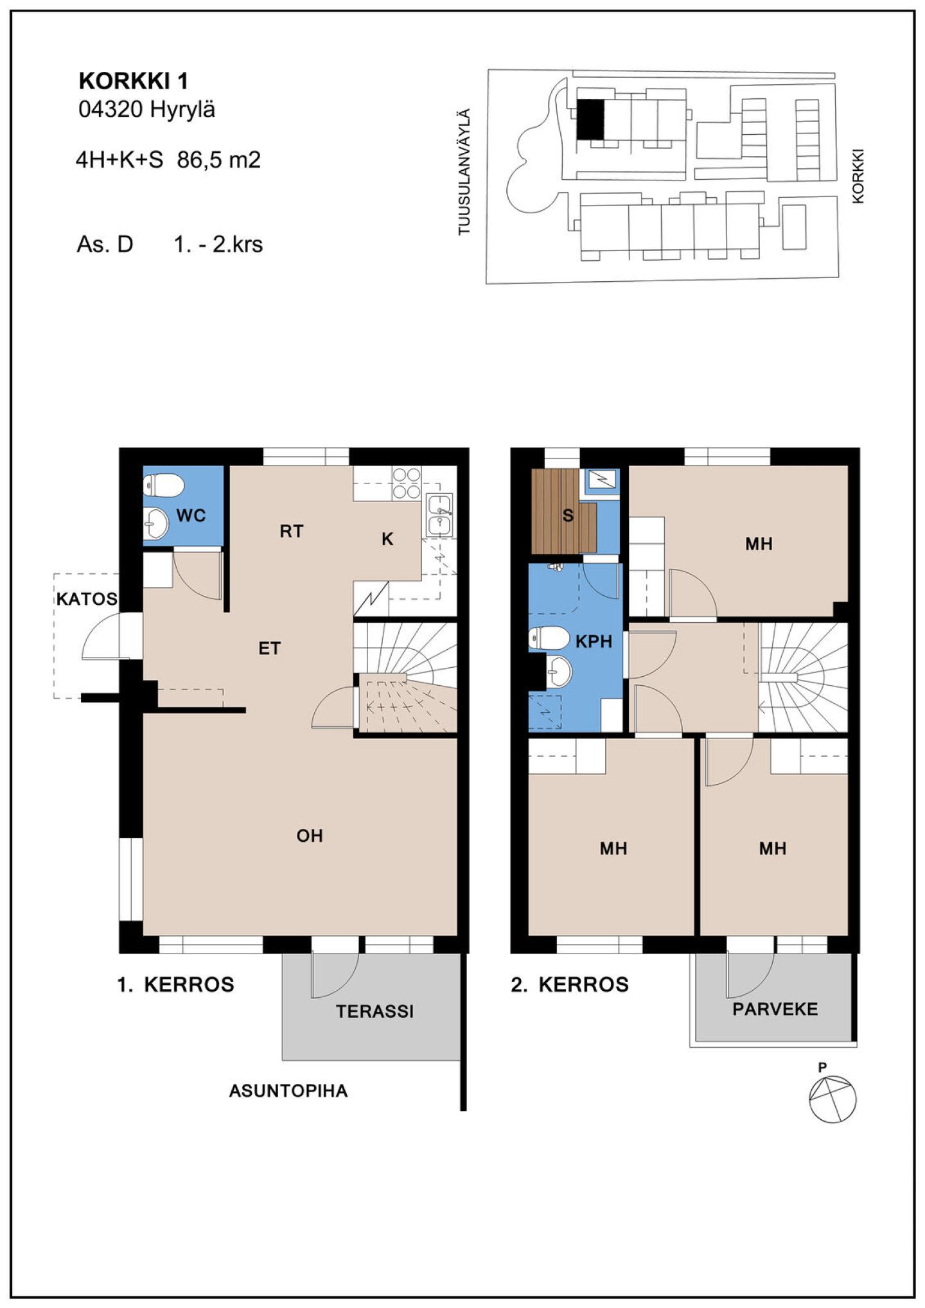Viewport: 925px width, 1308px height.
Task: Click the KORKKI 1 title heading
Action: coord(133,82)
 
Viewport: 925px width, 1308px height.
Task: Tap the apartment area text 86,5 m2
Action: coord(219,159)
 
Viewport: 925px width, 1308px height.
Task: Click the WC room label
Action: coord(191,515)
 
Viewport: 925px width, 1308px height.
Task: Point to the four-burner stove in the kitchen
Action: coord(407,483)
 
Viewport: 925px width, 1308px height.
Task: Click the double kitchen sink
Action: coord(439,514)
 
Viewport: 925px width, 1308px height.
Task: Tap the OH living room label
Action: coord(310,835)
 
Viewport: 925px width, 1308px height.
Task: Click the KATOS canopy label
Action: coord(87,599)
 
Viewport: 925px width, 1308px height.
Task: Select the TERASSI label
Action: coord(375,1011)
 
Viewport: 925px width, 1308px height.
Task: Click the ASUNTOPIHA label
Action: coord(288,1091)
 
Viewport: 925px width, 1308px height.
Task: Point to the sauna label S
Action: coord(568,515)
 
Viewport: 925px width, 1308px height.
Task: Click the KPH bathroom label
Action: coord(594,641)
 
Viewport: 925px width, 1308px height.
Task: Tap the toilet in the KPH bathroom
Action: coord(549,638)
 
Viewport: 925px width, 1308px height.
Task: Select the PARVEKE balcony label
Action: coord(775,1009)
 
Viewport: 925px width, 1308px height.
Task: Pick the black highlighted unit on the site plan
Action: coord(590,119)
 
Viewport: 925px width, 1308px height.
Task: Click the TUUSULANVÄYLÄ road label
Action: coord(464,172)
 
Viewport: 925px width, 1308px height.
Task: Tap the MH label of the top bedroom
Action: coord(759,544)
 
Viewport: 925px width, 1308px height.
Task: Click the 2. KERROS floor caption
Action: coord(570,984)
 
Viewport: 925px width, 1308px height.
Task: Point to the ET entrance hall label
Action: coord(270,649)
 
